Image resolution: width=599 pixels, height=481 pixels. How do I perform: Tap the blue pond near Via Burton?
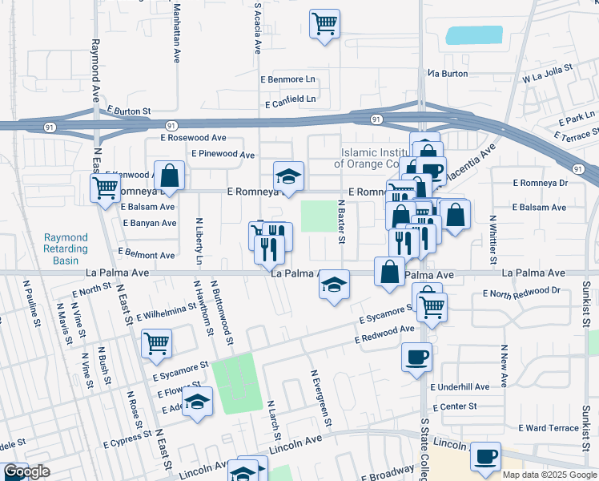coord(474,35)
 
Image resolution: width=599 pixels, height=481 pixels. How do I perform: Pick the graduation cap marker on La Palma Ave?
coord(335,284)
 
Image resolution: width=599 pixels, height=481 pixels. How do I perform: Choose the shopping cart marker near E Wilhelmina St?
coord(156,343)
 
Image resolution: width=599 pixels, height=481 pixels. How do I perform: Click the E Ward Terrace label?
coord(549,428)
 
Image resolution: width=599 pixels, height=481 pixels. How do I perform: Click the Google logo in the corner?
coord(26,472)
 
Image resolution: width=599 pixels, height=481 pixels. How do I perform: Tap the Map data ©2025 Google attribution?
coord(549,475)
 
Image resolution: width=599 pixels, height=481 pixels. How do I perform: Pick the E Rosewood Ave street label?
coord(192,138)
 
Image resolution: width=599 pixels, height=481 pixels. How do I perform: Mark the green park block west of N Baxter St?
coord(318,216)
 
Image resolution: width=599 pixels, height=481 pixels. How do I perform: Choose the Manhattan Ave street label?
coord(176,32)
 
